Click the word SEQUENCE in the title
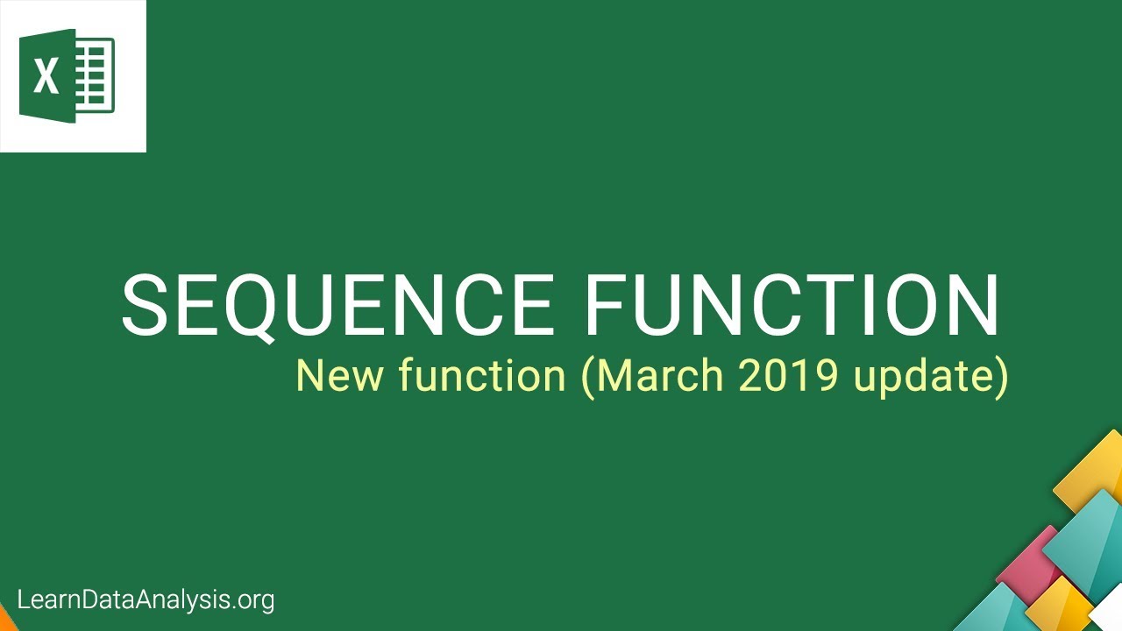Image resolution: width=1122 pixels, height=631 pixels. click(337, 305)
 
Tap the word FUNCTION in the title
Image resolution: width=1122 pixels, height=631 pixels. click(792, 305)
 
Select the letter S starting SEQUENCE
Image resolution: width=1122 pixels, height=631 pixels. click(146, 305)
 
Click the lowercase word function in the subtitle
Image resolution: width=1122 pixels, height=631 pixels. click(482, 375)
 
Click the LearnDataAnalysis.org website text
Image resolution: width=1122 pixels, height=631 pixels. click(146, 600)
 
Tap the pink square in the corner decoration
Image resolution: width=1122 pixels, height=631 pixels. click(1031, 562)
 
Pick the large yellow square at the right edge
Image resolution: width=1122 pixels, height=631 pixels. click(1091, 474)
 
